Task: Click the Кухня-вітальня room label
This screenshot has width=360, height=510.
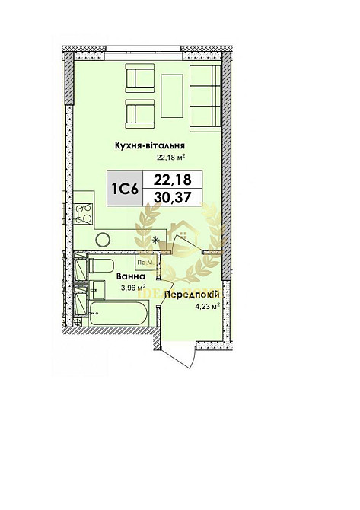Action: (x=151, y=145)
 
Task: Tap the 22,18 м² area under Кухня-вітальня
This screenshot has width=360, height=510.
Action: (x=171, y=158)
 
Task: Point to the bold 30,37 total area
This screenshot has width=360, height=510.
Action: (x=172, y=197)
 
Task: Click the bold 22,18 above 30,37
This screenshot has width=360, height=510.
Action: (x=172, y=180)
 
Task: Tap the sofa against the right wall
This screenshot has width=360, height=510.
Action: (x=205, y=97)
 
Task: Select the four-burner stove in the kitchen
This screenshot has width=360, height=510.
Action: (x=82, y=213)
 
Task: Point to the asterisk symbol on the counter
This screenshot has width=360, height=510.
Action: (x=157, y=241)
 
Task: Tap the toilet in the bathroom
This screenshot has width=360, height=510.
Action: (x=101, y=267)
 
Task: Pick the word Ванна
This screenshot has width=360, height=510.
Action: (x=130, y=279)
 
